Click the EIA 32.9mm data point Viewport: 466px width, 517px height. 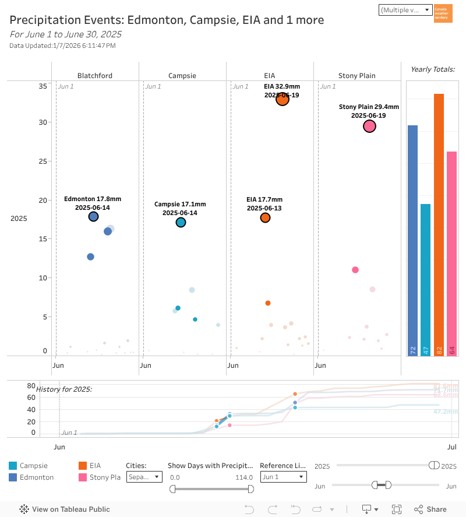click(283, 99)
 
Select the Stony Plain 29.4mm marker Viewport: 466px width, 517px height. click(369, 126)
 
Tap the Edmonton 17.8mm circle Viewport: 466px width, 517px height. click(93, 217)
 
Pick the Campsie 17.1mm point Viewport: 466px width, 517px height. click(181, 222)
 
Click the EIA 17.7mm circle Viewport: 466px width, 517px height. click(265, 217)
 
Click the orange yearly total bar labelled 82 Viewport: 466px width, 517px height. click(439, 224)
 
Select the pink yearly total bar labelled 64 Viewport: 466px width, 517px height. click(451, 254)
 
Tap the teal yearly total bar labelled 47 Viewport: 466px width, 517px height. click(425, 280)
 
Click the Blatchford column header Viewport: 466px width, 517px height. click(95, 76)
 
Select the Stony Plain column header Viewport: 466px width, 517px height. click(357, 76)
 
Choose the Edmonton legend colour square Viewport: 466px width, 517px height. click(13, 477)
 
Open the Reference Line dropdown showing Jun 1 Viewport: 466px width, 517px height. click(283, 477)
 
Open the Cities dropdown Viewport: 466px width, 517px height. click(144, 477)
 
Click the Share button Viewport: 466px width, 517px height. click(430, 509)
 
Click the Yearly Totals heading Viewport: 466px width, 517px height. click(432, 69)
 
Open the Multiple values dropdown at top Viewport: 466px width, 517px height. click(405, 10)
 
